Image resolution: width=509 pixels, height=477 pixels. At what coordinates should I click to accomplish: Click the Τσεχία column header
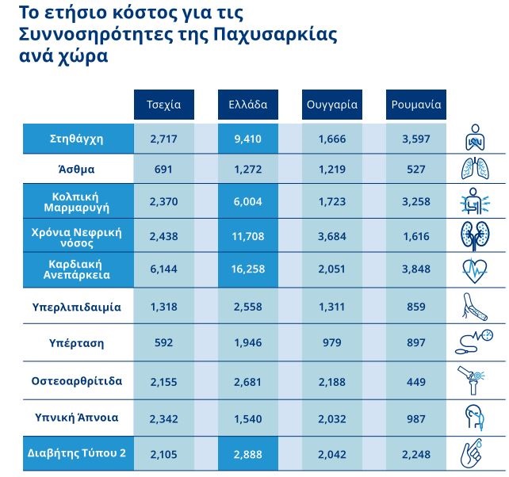click(x=164, y=105)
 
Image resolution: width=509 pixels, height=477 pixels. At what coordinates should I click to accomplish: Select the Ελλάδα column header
click(x=248, y=105)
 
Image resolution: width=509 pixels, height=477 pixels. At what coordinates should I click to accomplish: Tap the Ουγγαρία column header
click(x=332, y=105)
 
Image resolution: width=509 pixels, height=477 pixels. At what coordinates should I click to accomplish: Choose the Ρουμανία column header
click(x=416, y=105)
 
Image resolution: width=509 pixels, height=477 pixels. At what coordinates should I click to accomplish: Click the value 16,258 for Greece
click(x=248, y=269)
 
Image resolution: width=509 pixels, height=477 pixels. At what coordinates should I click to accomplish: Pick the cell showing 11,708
click(x=248, y=236)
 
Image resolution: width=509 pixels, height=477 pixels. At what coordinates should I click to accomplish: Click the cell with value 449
click(x=416, y=380)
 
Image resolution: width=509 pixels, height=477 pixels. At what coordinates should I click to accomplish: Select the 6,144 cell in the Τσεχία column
click(x=164, y=269)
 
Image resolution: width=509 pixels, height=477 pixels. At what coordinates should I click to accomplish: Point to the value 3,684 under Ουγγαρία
click(x=332, y=236)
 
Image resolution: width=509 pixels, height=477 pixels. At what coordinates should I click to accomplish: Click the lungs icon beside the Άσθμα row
click(x=475, y=169)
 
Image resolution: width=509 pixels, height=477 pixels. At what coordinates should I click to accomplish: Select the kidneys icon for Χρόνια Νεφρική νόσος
click(x=475, y=236)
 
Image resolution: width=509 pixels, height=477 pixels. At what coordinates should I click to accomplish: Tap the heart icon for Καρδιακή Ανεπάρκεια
click(x=475, y=270)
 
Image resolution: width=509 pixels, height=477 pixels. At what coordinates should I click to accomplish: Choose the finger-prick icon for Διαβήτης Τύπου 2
click(x=475, y=452)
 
